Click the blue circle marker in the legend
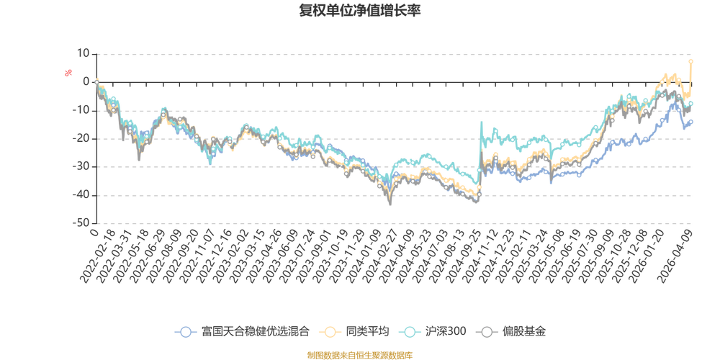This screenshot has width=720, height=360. [186, 332]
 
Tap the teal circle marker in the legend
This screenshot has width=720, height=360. [410, 332]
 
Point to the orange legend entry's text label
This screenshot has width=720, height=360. [367, 332]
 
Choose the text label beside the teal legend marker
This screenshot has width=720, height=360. [445, 332]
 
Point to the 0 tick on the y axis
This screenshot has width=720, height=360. [86, 81]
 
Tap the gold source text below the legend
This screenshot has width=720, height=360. [359, 354]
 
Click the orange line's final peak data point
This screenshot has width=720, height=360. [691, 60]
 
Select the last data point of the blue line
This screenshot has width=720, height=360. [692, 122]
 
